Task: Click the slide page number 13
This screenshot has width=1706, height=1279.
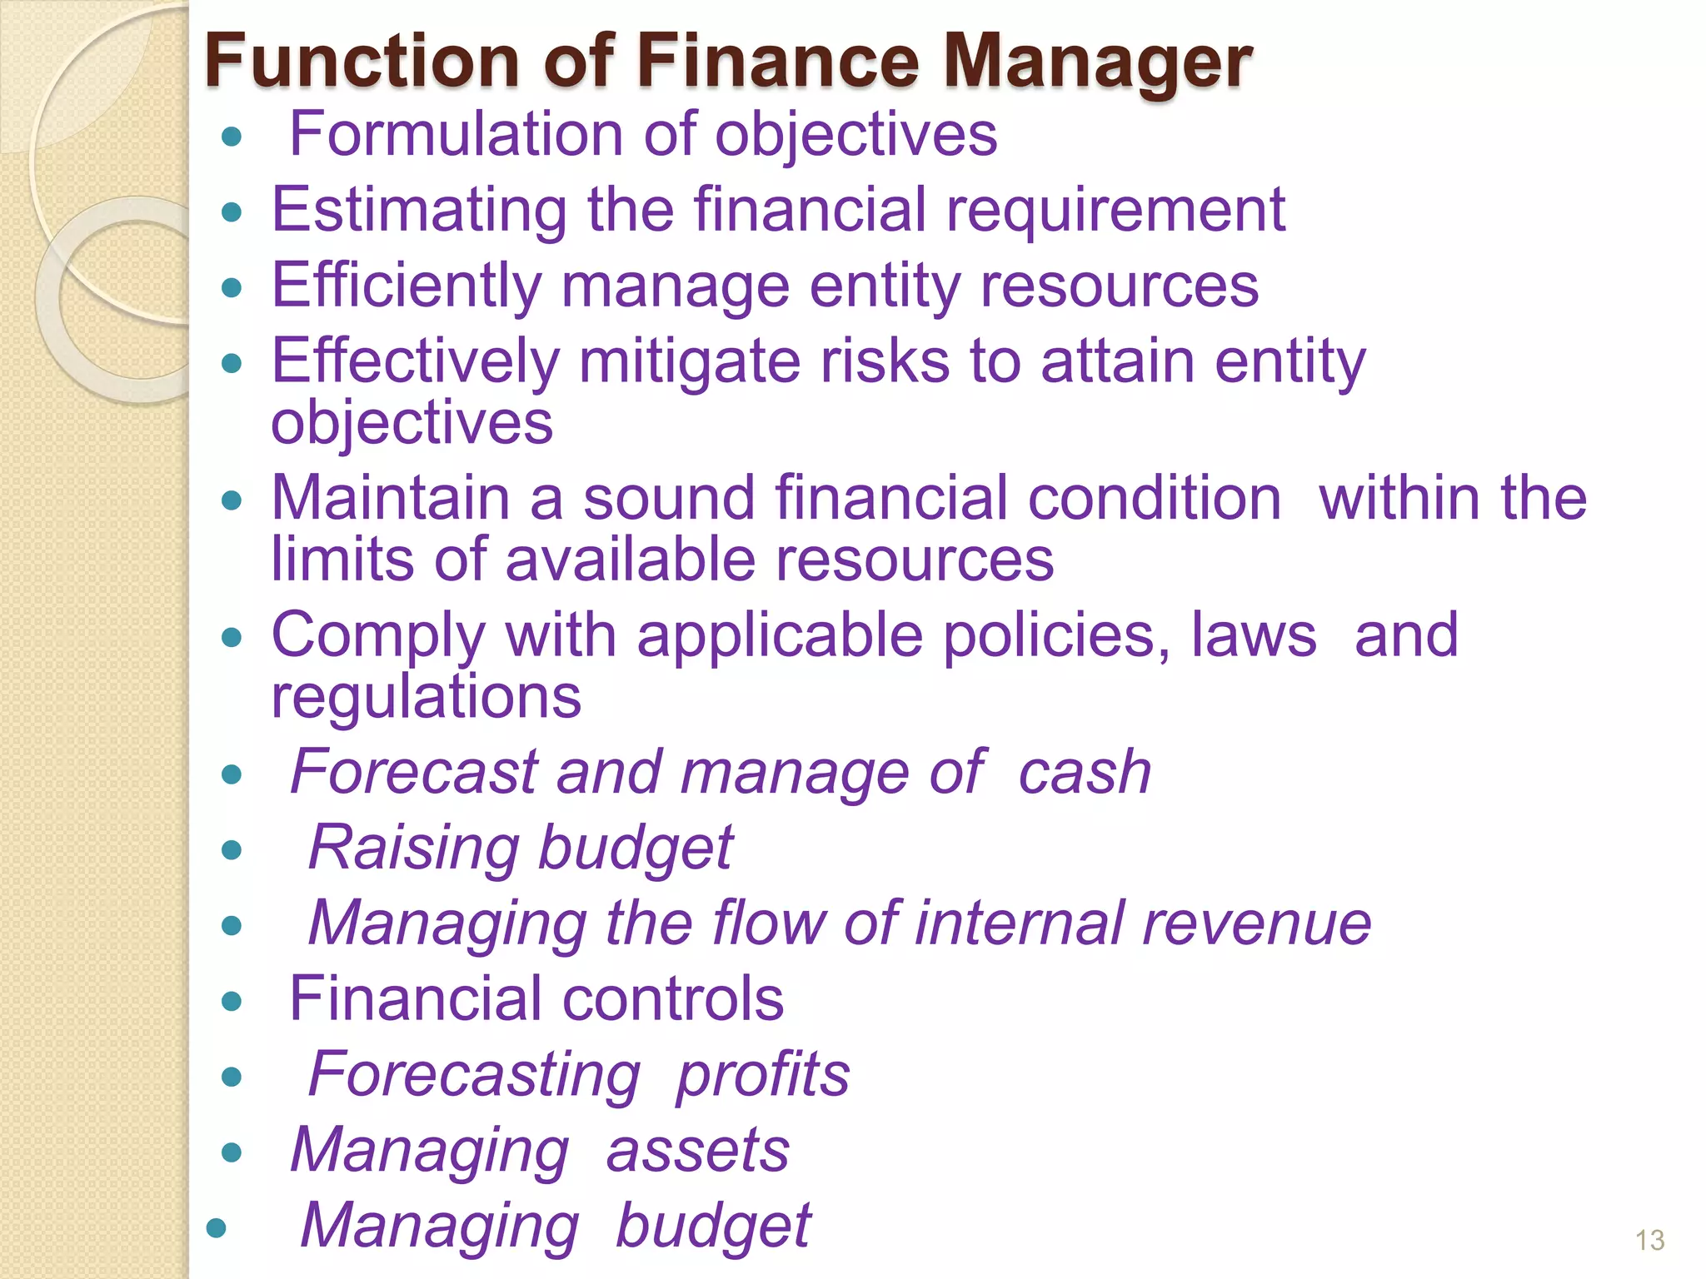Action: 1649,1241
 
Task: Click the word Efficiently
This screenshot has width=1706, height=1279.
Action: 407,286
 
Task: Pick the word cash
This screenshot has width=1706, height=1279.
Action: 1085,772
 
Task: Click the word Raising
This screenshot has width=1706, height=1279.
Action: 413,848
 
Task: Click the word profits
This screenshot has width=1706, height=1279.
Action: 762,1074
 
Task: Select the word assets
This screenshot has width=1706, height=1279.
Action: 697,1150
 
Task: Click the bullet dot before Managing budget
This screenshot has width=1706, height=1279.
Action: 217,1227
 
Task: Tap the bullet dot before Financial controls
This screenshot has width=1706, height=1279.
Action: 232,1000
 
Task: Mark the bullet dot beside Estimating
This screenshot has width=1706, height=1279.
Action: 232,212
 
